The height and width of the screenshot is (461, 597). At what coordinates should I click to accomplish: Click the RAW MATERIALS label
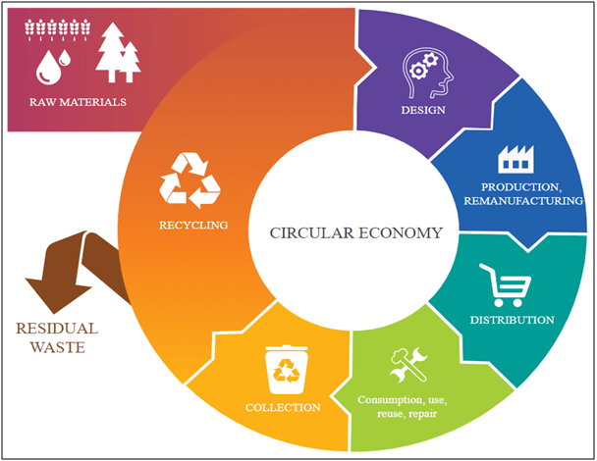(78, 102)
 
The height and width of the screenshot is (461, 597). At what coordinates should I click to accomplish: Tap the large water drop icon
(48, 68)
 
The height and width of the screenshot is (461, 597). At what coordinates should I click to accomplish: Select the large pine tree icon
(112, 52)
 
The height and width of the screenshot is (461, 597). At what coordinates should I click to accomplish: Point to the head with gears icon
(428, 73)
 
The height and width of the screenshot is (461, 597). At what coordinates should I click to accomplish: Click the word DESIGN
(423, 110)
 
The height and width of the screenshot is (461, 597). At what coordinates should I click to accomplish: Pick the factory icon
(516, 159)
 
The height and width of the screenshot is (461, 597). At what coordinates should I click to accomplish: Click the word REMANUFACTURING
(523, 201)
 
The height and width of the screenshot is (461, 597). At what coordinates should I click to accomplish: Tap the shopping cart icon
(506, 284)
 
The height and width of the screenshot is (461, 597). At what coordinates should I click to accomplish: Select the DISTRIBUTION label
(513, 320)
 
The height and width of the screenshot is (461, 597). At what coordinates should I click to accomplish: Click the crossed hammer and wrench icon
(408, 365)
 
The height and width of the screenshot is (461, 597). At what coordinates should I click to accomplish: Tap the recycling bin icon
(287, 370)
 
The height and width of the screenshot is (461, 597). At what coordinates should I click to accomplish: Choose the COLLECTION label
(283, 407)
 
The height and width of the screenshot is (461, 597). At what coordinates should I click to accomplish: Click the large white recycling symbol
(190, 180)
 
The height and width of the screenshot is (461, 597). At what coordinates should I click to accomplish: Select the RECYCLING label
(193, 226)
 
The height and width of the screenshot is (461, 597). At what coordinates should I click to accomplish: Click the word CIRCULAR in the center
(312, 233)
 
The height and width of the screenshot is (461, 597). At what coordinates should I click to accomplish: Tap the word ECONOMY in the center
(401, 233)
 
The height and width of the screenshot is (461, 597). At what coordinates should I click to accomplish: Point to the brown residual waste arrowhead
(57, 293)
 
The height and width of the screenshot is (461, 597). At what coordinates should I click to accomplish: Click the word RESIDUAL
(57, 329)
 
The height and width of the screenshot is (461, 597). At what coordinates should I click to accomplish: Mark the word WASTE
(58, 347)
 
